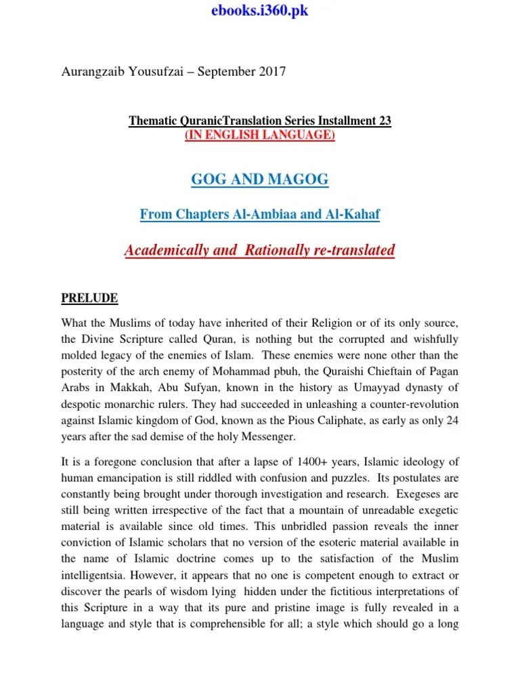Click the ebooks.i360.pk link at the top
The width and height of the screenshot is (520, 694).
tap(260, 12)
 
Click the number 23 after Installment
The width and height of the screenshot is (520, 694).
tap(385, 121)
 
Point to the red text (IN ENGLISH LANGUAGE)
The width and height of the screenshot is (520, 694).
tap(260, 135)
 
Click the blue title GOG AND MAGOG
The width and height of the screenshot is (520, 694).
tap(260, 180)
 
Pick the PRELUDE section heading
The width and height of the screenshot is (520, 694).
tap(90, 298)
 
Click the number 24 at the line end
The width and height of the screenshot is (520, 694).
tap(453, 420)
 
